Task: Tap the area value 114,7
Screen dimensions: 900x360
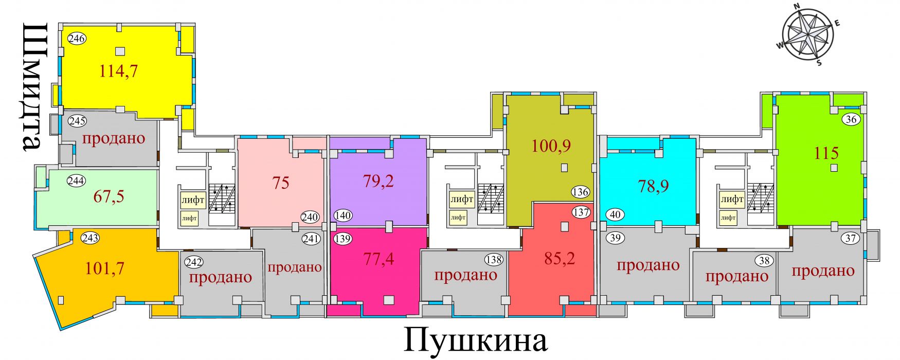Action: click(x=118, y=71)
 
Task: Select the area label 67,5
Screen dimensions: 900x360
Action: click(x=109, y=196)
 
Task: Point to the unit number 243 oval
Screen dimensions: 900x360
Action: click(x=91, y=238)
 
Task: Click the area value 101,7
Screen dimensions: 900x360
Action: click(x=105, y=268)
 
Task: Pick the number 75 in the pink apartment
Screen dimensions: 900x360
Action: click(x=281, y=183)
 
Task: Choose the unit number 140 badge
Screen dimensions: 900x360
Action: click(x=343, y=215)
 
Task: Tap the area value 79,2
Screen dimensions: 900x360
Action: click(x=379, y=181)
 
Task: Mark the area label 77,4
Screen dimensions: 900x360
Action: click(x=379, y=258)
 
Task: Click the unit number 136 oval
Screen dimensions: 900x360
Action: click(x=580, y=192)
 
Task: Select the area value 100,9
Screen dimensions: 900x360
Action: click(x=551, y=146)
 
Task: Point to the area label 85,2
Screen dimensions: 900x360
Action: click(x=560, y=258)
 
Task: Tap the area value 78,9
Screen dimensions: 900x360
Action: click(x=653, y=186)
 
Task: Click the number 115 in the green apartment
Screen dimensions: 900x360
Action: click(x=826, y=153)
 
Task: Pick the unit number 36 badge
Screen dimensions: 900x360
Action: click(x=851, y=119)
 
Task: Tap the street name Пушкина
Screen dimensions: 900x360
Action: click(x=476, y=339)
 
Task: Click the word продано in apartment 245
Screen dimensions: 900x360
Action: click(x=114, y=138)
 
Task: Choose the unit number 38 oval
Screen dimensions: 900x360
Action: click(x=765, y=261)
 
